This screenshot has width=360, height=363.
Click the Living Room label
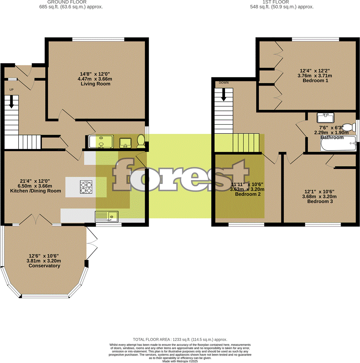(x=95, y=84)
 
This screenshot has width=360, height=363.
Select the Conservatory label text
(x=44, y=266)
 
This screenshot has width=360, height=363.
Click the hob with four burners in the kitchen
(x=86, y=187)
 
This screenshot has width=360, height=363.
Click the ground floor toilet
(x=141, y=141)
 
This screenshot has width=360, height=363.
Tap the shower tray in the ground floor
(x=101, y=141)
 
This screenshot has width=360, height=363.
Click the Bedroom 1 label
(x=315, y=81)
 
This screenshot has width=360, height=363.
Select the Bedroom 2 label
(x=247, y=194)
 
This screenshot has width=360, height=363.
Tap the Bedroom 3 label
(x=320, y=202)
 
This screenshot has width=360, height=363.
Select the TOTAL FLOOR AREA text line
(x=180, y=339)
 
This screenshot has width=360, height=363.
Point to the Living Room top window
(x=98, y=39)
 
